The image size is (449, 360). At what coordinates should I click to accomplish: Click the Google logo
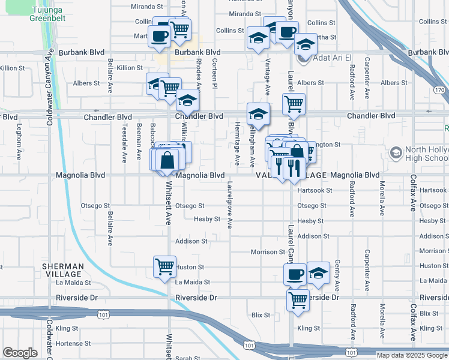pos(20,353)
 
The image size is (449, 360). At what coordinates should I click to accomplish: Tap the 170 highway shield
pos(440,90)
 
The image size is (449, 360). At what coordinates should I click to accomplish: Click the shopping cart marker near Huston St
pos(164,267)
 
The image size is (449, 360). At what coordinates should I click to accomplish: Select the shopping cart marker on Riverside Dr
pos(298,299)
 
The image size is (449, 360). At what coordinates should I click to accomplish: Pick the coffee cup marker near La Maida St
pos(295,275)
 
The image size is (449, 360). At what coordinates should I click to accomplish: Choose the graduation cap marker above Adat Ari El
pos(305,44)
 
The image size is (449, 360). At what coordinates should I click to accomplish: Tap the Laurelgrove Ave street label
pos(230,205)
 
